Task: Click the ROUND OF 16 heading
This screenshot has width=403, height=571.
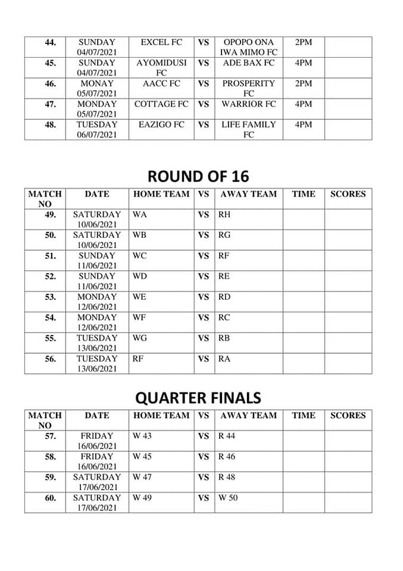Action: click(x=198, y=176)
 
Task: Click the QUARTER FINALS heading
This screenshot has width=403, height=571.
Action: click(x=198, y=397)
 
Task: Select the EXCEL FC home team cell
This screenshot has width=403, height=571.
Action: click(x=161, y=42)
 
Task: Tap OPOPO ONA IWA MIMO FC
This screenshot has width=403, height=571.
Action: click(x=248, y=47)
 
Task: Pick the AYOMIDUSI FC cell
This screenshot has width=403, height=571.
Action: click(x=161, y=67)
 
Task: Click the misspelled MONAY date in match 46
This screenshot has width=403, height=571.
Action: click(x=97, y=83)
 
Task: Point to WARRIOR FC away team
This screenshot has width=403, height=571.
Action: click(x=248, y=104)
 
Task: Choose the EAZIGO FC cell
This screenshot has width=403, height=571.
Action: click(x=161, y=124)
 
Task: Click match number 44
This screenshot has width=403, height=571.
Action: click(x=51, y=43)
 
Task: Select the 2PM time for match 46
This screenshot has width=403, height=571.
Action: click(x=303, y=83)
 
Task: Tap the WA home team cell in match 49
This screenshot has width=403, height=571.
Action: click(x=139, y=214)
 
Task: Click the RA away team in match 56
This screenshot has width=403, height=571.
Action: click(x=224, y=359)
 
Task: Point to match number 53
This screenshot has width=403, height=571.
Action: click(x=51, y=297)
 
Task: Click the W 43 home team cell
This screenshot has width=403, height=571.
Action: click(x=142, y=436)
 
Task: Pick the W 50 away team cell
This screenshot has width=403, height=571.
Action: click(x=227, y=497)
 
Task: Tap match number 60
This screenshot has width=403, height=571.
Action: click(x=51, y=498)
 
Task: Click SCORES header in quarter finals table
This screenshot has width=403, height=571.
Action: click(x=348, y=415)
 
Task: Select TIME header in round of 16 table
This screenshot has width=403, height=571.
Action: click(x=303, y=193)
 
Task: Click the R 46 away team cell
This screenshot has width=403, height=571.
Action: click(x=227, y=456)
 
